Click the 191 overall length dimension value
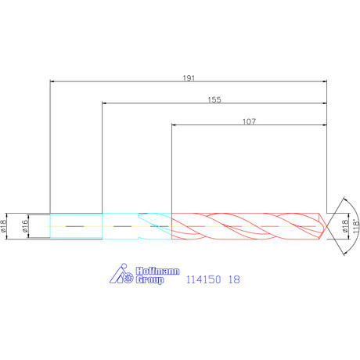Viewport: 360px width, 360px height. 188,77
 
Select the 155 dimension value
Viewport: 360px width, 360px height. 214,99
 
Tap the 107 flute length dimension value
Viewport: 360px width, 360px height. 249,121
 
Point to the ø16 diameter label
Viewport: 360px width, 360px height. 24,225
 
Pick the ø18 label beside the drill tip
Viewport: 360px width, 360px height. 345,225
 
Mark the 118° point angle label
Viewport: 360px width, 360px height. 355,225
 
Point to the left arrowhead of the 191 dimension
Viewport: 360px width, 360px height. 53,81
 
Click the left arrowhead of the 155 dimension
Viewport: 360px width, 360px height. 105,103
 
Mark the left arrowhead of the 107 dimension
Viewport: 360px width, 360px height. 175,124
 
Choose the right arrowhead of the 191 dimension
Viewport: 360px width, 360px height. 322,81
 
